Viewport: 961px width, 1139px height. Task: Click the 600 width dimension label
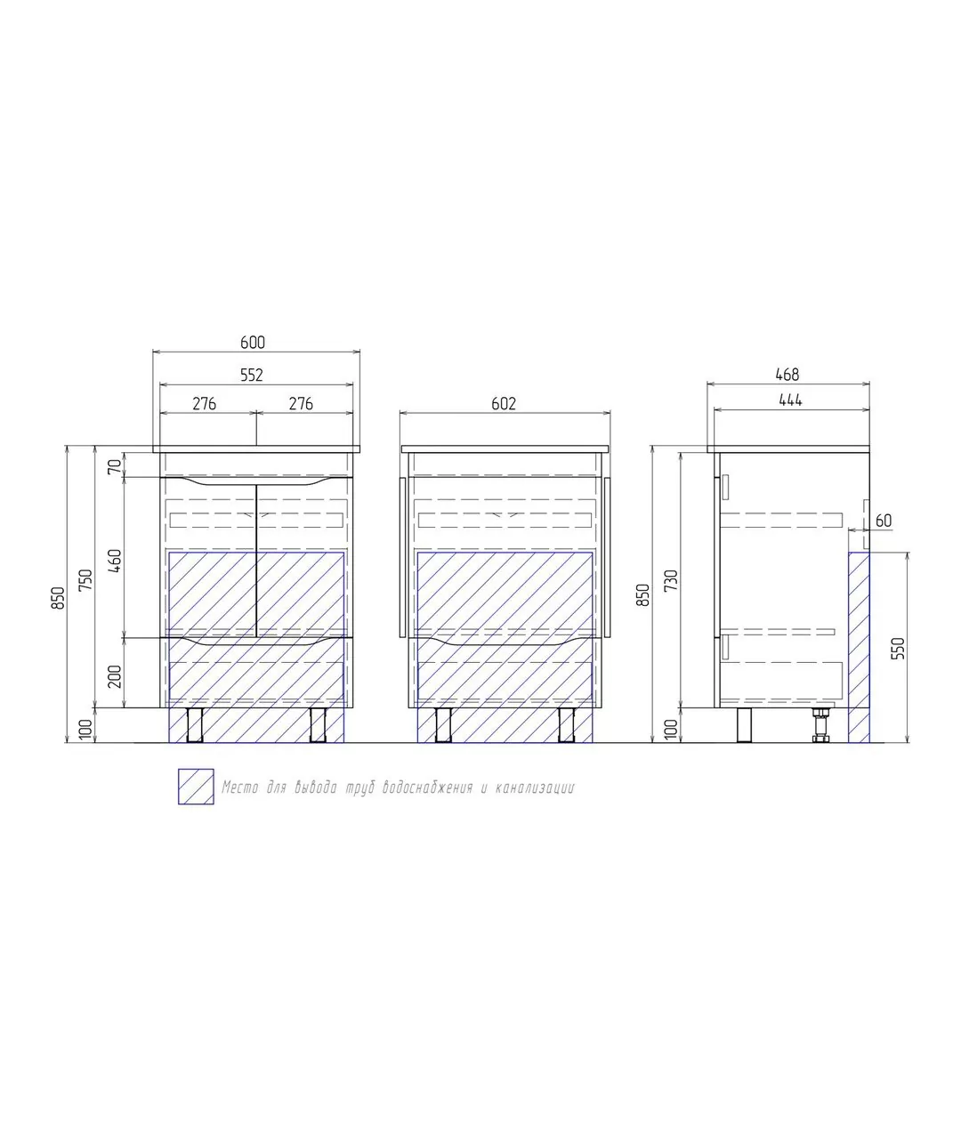tap(253, 342)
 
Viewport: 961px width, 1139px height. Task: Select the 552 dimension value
tap(252, 375)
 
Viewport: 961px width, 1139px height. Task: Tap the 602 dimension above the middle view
tap(504, 403)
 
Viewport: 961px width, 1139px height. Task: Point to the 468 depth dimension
tap(787, 375)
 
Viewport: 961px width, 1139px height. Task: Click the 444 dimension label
tap(790, 400)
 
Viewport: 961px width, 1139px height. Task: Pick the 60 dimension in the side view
tap(884, 521)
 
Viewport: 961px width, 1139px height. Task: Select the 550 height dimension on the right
tap(898, 648)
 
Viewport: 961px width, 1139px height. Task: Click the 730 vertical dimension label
tap(672, 580)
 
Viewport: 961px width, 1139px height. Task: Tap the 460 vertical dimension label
tap(115, 561)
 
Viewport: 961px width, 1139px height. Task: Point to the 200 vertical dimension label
tap(115, 676)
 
